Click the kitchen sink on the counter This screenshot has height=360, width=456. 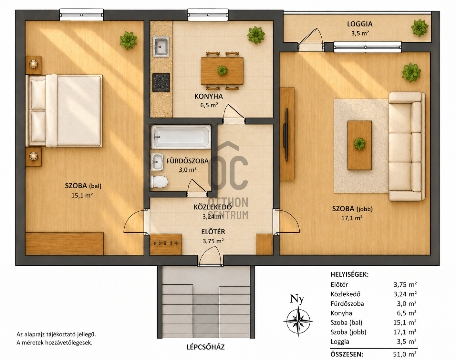[x=161, y=47]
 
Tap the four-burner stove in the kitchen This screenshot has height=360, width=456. [x=161, y=82]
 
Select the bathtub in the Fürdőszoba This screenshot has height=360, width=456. [x=181, y=137]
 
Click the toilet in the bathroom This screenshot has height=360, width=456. [x=159, y=182]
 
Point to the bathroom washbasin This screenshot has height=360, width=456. [x=157, y=162]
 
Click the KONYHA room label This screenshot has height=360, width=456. [x=209, y=96]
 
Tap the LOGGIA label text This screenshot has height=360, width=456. [x=359, y=24]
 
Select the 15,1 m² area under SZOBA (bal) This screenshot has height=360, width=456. [x=82, y=195]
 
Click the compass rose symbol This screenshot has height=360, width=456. [x=298, y=322]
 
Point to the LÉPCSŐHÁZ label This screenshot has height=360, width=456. [x=205, y=347]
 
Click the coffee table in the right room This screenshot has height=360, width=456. [x=359, y=145]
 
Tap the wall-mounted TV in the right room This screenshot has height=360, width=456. [x=286, y=134]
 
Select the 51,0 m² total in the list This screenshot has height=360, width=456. [x=405, y=354]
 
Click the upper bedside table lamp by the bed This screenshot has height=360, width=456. [x=33, y=64]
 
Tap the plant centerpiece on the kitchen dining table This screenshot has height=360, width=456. [x=222, y=70]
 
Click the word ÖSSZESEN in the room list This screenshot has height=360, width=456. [x=347, y=354]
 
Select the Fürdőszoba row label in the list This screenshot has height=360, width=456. [x=347, y=303]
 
